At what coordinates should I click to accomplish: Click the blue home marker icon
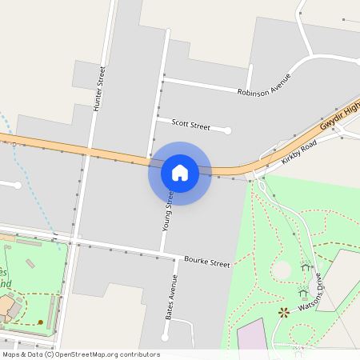click(179, 173)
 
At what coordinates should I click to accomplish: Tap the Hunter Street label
click(99, 88)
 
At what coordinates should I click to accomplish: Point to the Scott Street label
click(190, 126)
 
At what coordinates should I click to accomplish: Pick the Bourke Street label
click(206, 261)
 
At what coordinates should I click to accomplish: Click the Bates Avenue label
click(170, 298)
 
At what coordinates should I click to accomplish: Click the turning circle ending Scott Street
click(228, 130)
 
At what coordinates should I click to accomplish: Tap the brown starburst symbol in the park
click(282, 311)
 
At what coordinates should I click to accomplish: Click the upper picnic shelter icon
click(305, 268)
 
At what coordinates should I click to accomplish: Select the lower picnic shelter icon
click(302, 293)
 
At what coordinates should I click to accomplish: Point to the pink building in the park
click(251, 334)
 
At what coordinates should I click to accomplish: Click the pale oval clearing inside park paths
click(282, 270)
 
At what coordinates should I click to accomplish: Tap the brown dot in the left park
click(40, 322)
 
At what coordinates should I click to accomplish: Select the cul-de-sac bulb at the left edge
click(17, 185)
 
